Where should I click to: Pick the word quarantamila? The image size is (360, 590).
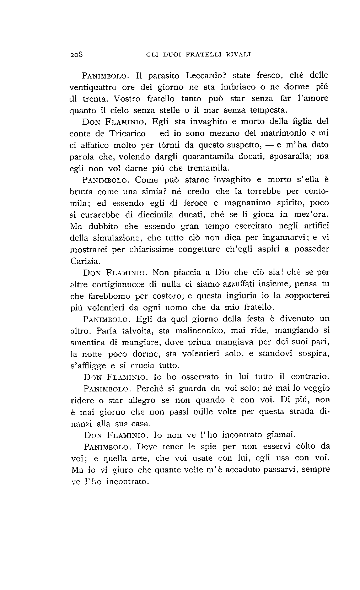208,157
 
